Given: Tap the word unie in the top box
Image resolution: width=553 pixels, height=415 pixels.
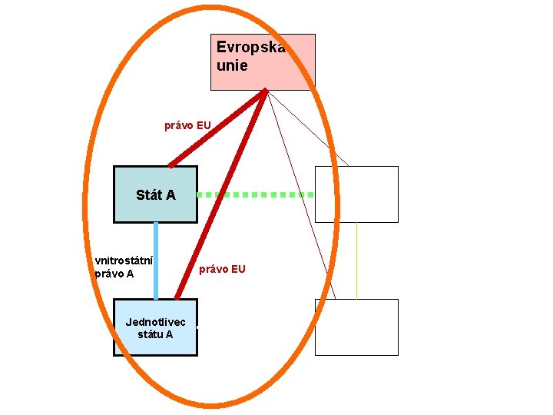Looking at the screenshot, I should (232, 66).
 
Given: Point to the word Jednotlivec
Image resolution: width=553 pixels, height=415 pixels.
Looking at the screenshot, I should (155, 321).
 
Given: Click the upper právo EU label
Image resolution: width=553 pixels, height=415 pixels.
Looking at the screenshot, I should (187, 124).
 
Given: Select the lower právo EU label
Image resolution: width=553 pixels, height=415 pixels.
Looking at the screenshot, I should (222, 269).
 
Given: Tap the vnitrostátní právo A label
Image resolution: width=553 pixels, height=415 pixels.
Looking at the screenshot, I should (123, 266).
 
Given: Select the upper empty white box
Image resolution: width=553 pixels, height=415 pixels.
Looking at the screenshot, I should (356, 194).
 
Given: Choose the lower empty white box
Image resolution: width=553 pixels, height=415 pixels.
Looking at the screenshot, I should (356, 327).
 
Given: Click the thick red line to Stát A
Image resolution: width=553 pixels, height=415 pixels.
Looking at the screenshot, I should (217, 128).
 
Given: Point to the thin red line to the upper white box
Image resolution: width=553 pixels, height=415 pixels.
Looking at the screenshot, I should (307, 128).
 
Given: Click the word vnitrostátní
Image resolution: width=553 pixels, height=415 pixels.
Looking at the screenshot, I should (123, 260).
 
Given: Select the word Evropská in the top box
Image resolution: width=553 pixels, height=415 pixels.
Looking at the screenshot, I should (250, 48).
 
